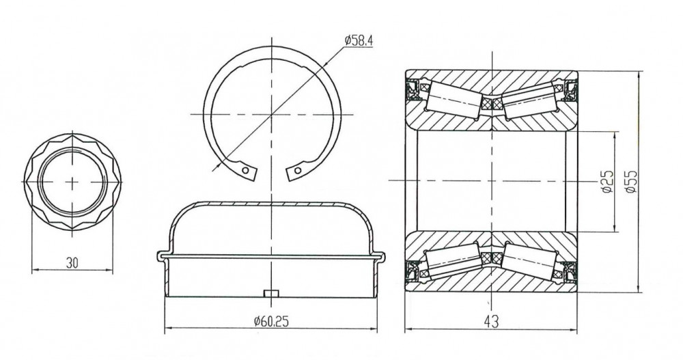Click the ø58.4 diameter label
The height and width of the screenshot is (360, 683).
point(359,41)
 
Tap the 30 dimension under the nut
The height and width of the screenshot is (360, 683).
point(72,263)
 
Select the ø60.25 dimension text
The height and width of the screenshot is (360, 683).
point(271,322)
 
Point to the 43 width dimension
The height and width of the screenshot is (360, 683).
point(491,322)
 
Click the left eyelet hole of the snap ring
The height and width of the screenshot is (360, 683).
point(246,170)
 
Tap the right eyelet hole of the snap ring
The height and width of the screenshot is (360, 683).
point(298,170)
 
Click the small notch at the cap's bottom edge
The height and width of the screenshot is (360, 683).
point(271,293)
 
